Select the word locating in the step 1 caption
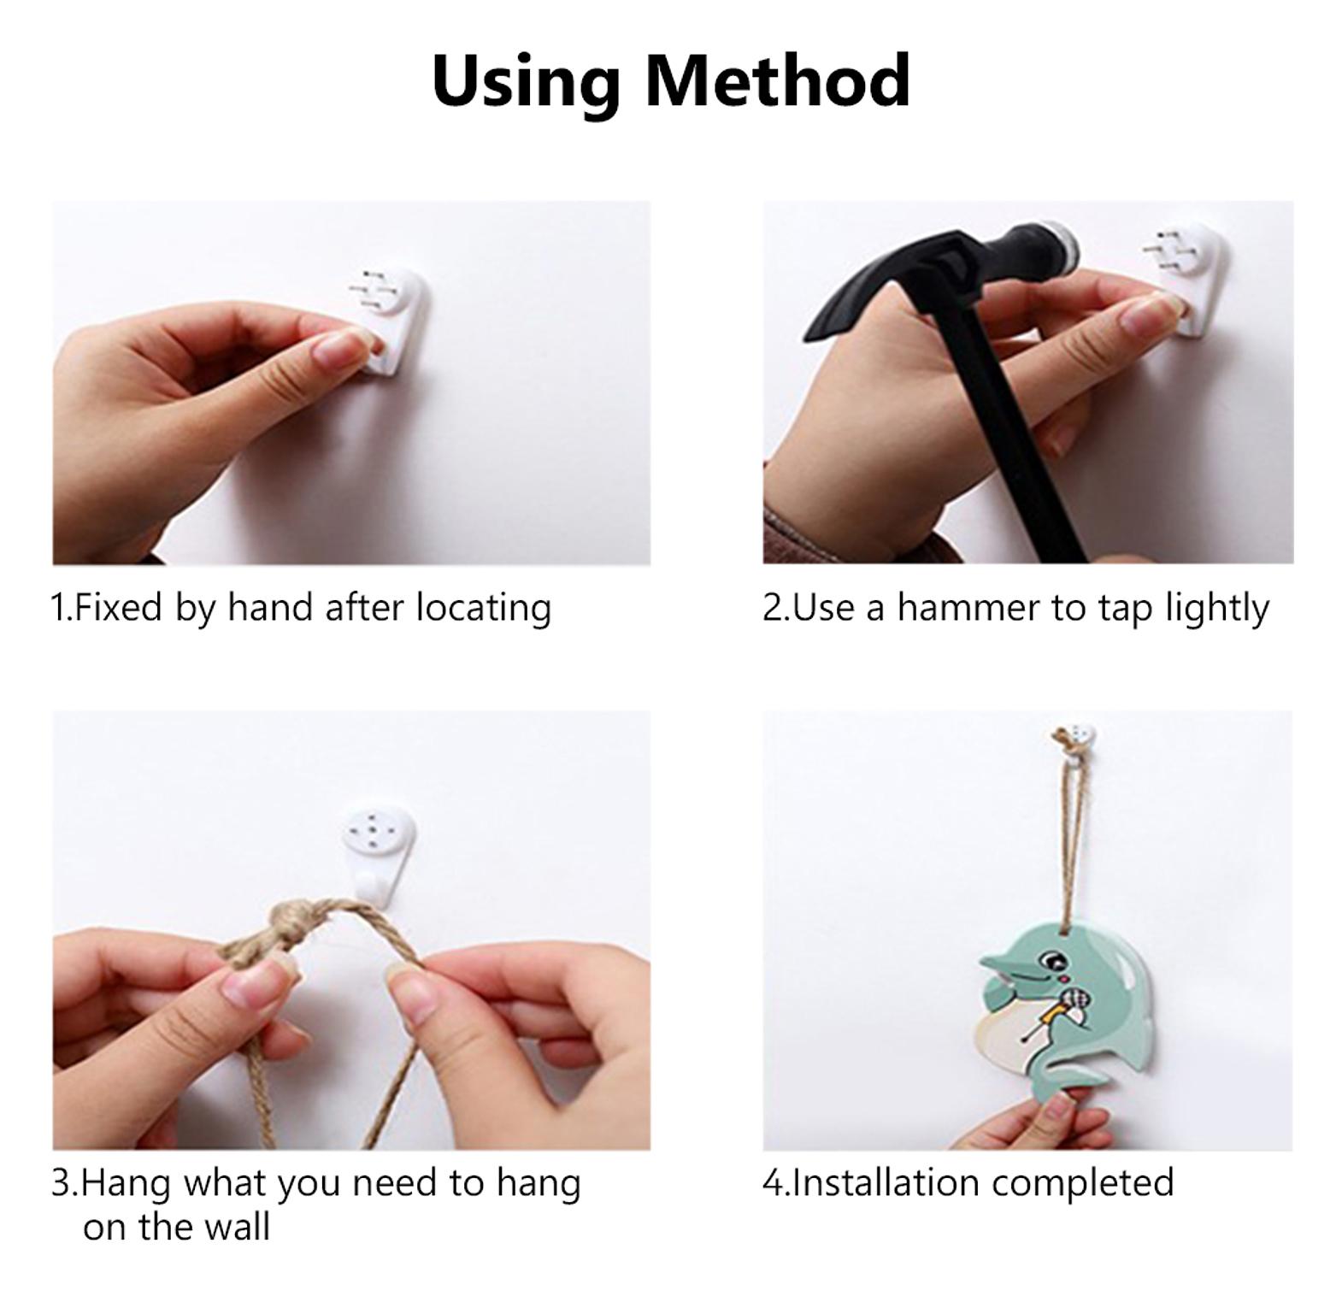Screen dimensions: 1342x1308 pos(484,609)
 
